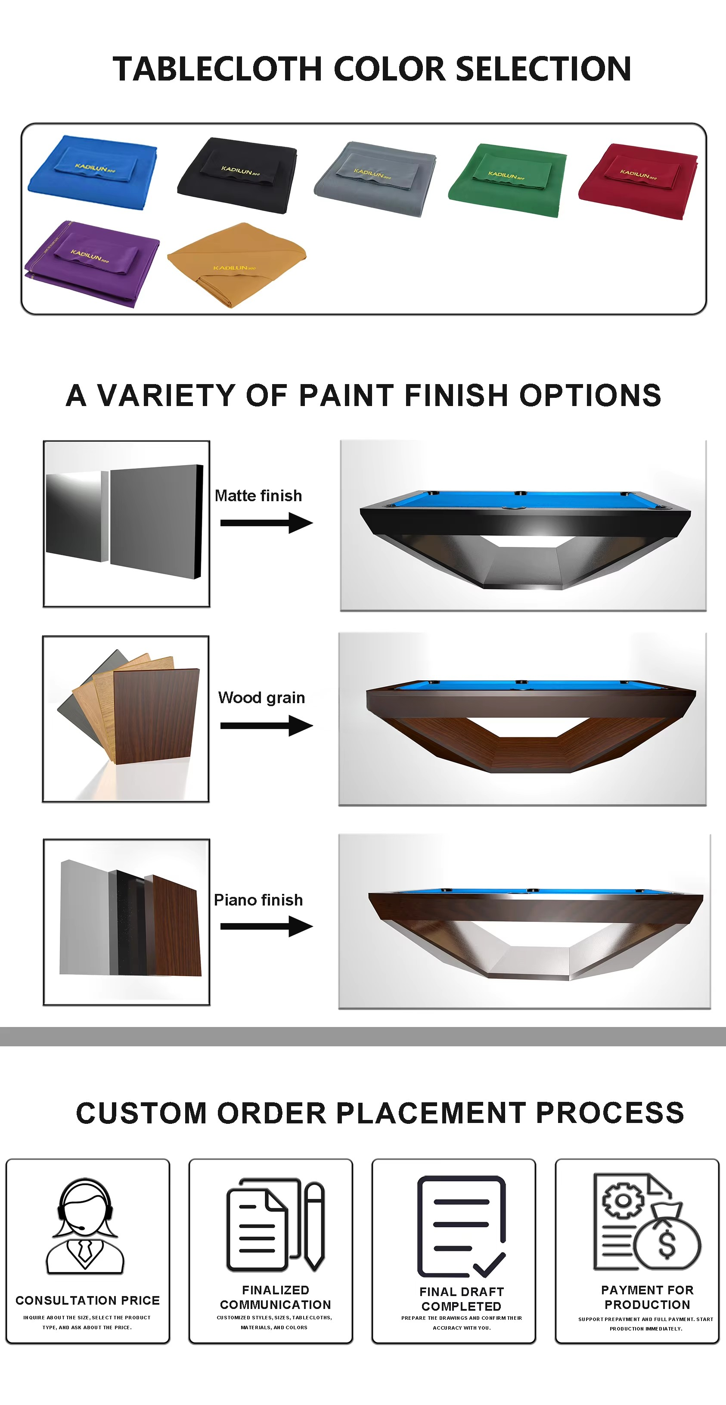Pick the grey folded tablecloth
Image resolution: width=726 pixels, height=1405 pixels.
tap(375, 178)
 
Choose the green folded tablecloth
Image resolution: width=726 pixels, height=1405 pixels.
tap(507, 180)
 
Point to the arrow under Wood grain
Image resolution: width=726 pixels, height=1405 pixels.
tap(266, 726)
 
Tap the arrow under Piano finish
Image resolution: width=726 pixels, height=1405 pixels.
tap(266, 926)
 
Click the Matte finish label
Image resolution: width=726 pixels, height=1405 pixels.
tap(258, 495)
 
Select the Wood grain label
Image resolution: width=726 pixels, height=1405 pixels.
tap(261, 698)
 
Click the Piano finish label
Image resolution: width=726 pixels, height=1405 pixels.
tap(258, 899)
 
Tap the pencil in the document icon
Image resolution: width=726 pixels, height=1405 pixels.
tap(314, 1225)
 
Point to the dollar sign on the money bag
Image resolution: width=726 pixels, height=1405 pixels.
tap(667, 1244)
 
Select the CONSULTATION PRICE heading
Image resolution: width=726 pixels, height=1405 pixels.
tap(87, 1300)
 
